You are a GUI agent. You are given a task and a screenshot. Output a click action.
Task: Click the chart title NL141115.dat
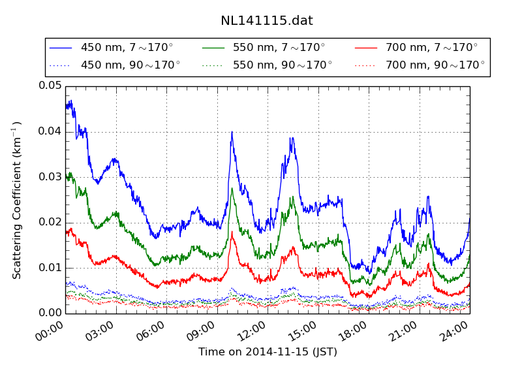point(267,20)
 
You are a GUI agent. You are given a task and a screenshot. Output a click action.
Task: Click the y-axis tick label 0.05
point(50,86)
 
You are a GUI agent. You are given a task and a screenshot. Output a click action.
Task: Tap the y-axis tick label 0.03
point(50,177)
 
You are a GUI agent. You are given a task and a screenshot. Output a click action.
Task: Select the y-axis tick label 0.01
point(50,268)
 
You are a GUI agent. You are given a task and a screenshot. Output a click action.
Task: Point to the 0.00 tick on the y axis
point(50,313)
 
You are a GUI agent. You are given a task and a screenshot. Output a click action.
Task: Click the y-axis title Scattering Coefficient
point(18,200)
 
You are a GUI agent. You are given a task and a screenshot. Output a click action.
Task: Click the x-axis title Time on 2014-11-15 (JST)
point(268,352)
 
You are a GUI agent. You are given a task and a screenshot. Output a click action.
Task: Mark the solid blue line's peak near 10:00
point(232,132)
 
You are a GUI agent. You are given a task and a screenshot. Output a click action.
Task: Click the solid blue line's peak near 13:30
point(292,137)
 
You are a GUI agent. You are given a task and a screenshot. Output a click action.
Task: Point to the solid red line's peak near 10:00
point(232,232)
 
